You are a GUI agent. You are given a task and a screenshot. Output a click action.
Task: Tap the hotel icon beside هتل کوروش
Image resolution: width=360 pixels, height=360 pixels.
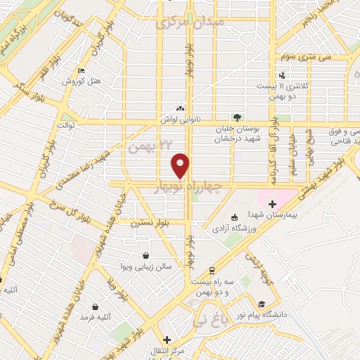(82, 71)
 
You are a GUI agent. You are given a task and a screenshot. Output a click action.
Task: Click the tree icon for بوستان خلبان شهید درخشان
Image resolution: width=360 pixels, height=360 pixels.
(237, 117)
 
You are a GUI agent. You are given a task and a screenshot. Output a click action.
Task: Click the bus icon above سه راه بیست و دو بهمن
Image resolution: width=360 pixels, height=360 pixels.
(212, 271)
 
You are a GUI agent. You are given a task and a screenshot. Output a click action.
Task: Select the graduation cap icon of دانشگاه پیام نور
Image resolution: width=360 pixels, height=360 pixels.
(262, 304)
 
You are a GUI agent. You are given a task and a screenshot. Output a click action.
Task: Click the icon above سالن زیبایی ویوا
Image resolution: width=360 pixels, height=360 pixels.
(145, 255)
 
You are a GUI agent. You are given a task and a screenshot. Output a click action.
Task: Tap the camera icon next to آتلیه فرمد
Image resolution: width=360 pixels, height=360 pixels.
(94, 307)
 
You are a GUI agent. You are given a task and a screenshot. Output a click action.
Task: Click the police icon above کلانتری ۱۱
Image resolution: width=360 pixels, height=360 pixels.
(282, 75)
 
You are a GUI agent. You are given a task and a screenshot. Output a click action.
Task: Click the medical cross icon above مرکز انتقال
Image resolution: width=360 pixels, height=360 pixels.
(167, 339)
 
